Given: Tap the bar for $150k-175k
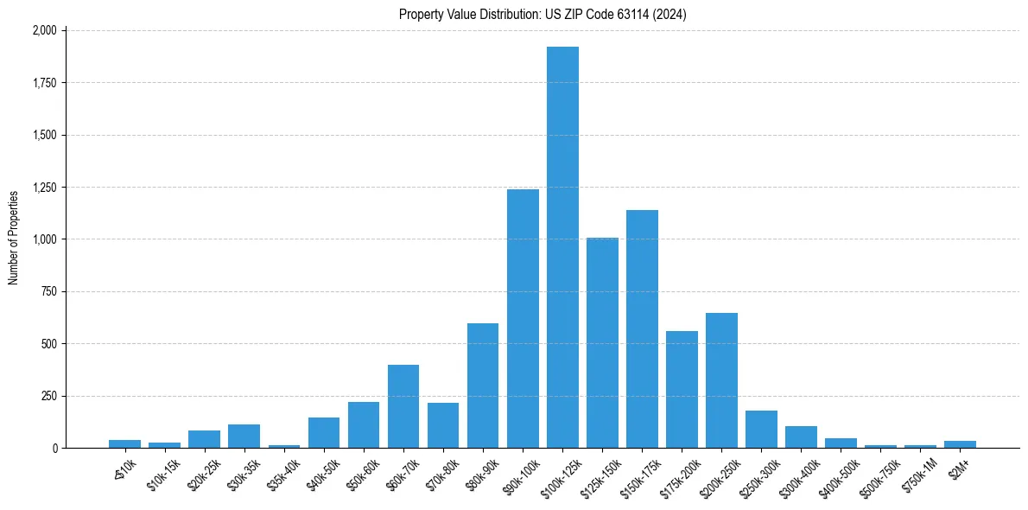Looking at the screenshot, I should point(642,328).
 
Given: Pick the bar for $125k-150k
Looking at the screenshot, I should point(602,342).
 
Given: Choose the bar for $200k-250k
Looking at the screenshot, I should point(721,380).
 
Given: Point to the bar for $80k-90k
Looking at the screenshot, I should point(483,386).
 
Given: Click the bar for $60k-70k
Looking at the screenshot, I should point(403,406).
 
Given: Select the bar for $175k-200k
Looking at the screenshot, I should point(682,389).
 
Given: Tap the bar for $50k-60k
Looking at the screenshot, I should point(364,424).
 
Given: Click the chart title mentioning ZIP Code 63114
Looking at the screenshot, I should point(543,15).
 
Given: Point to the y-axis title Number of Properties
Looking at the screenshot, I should point(14,238).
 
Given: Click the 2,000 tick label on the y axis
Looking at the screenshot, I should point(44,30).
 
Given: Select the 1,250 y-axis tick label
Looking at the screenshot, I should point(44,188).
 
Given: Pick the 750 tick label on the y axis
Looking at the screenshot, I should point(48,292).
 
